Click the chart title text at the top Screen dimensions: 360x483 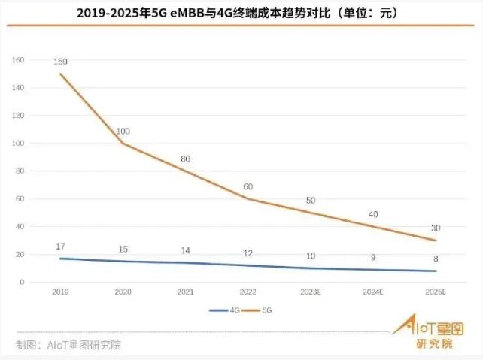tap(242, 13)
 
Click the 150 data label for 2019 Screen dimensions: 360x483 tap(60, 61)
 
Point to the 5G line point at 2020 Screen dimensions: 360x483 tap(123, 143)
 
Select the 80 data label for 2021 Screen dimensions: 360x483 tap(186, 159)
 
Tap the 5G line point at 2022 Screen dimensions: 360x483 tap(248, 198)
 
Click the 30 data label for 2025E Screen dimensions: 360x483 tap(436, 228)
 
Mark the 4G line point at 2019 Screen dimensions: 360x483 tap(60, 259)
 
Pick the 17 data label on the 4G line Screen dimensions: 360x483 tap(60, 246)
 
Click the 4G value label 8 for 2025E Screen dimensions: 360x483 tap(436, 258)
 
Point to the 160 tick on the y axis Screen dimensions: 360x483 tap(19, 59)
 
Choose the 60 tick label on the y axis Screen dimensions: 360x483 tap(20, 198)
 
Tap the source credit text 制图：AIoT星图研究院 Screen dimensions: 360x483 tap(68, 345)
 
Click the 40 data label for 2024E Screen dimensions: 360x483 tap(373, 215)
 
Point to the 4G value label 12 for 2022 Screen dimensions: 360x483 tap(248, 253)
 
